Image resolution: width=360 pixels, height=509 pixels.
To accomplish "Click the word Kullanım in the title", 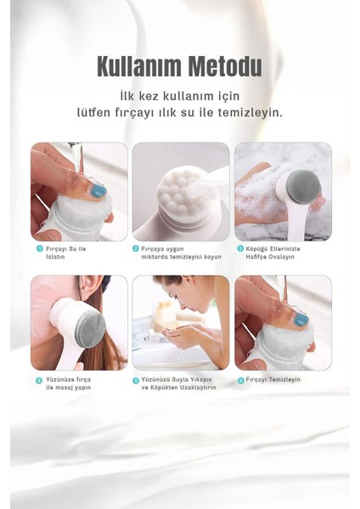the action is tap(139, 66).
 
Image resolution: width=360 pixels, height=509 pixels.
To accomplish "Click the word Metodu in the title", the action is tap(225, 66).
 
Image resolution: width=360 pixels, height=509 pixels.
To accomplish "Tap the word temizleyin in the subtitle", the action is tap(250, 113).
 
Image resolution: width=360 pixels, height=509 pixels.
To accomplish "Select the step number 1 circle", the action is tap(40, 249).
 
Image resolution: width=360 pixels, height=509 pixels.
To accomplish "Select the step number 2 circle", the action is tap(136, 249).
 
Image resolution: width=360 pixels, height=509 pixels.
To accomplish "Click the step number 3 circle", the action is tap(240, 249).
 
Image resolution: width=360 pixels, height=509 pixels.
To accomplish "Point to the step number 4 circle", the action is tap(39, 380).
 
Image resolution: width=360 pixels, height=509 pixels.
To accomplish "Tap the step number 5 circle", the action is tap(136, 380).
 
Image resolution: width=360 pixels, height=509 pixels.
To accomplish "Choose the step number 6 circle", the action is tap(240, 380).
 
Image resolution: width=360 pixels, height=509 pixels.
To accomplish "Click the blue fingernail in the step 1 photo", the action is tap(98, 190).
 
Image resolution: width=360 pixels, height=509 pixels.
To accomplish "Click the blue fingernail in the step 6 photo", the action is tap(301, 319).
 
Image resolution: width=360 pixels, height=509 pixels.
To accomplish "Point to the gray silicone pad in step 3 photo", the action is tap(303, 185).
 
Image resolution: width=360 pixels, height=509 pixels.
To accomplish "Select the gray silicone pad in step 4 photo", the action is tap(90, 325).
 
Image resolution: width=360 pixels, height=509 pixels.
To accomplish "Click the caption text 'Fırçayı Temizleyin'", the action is tap(273, 379).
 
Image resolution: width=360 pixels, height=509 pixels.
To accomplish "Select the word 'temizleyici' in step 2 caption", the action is tap(187, 257).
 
